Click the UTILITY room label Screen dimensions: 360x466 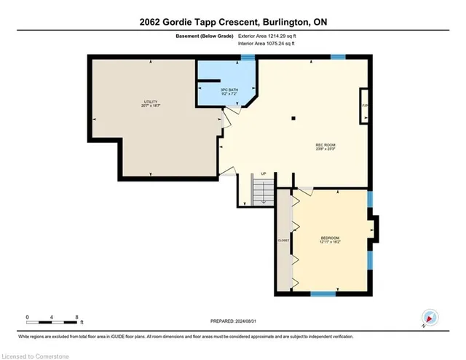click(x=151, y=103)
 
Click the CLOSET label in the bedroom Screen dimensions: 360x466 click(x=283, y=240)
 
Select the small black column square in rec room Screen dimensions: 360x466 click(x=293, y=117)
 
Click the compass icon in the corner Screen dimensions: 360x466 click(x=430, y=318)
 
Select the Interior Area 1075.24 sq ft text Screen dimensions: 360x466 click(x=272, y=44)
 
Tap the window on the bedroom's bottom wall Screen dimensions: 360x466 click(x=323, y=294)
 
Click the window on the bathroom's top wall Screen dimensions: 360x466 click(x=248, y=57)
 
